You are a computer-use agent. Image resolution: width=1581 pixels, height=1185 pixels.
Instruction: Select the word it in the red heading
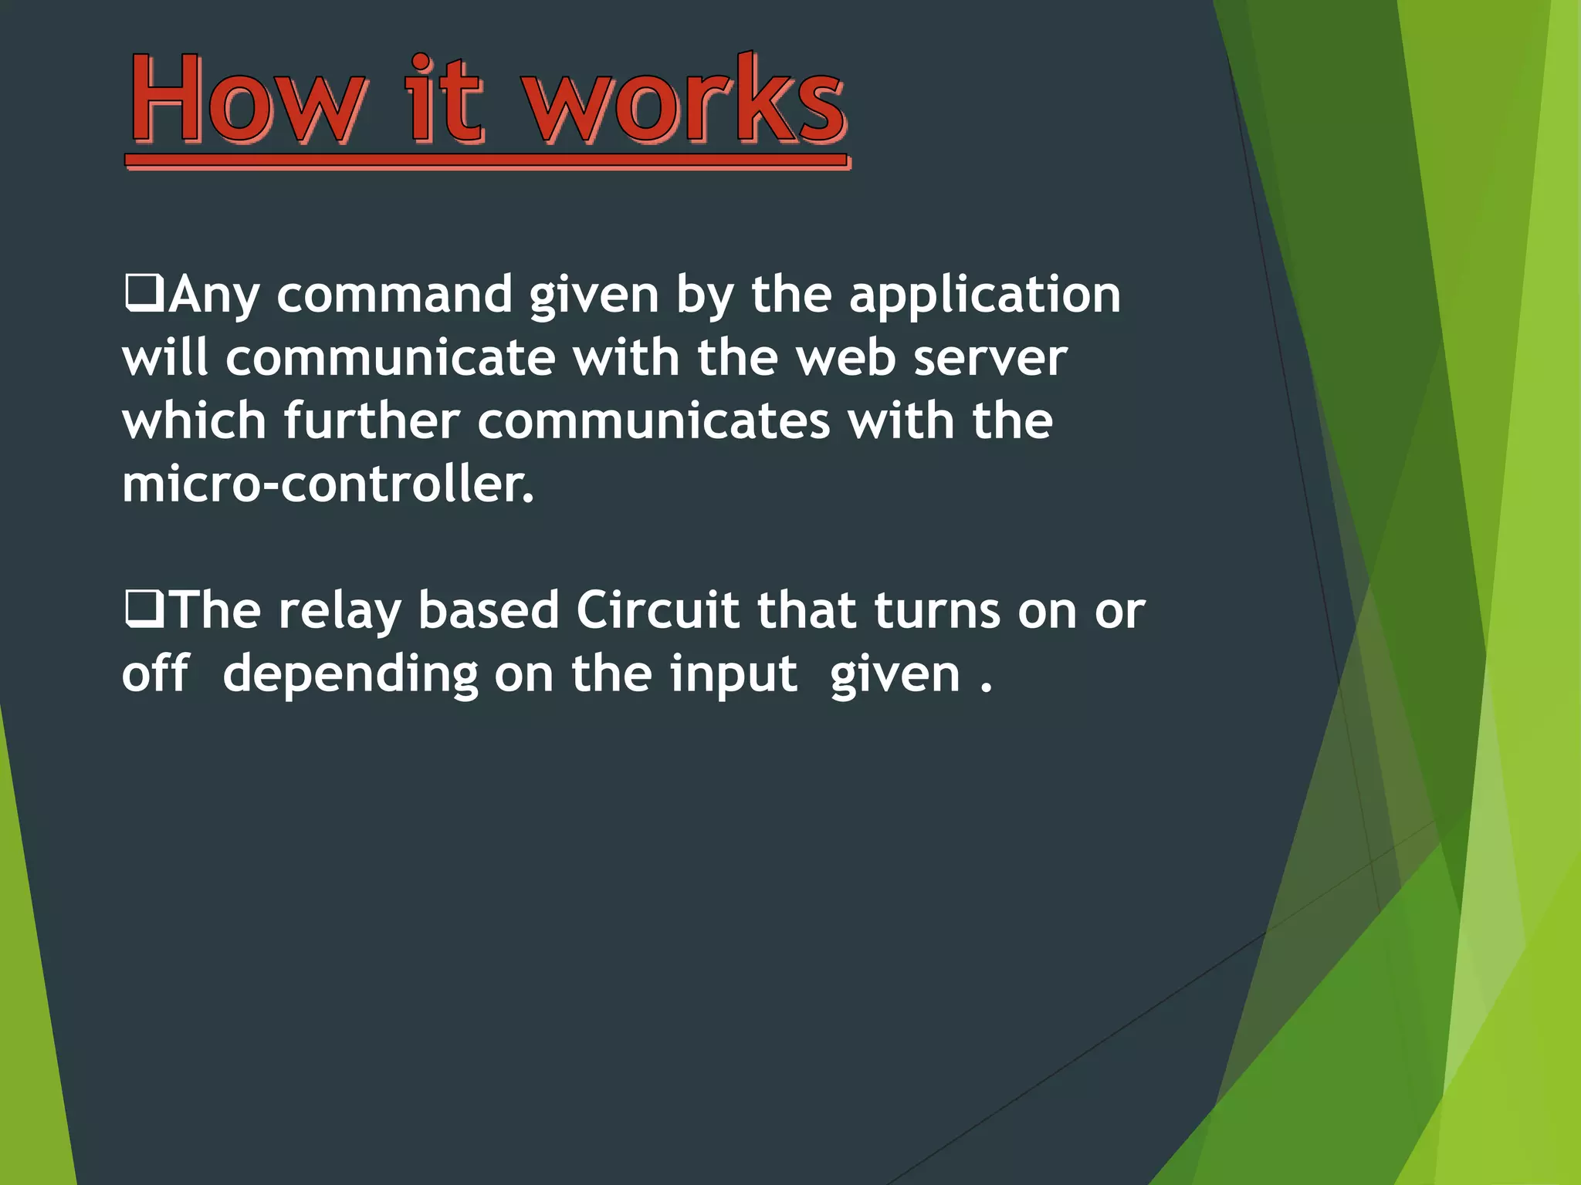click(x=445, y=100)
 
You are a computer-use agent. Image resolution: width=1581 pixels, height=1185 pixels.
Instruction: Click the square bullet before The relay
click(x=144, y=609)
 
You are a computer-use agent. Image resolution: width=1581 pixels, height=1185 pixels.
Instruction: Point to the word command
click(x=394, y=295)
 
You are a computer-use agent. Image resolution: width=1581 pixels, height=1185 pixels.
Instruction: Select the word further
click(x=371, y=421)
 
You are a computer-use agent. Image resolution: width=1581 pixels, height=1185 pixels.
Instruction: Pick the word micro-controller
click(x=327, y=485)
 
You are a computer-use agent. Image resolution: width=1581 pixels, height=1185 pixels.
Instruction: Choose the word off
click(x=155, y=674)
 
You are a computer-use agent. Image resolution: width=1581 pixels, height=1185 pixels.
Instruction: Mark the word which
click(x=194, y=421)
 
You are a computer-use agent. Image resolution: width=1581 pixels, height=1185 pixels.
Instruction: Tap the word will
click(x=165, y=358)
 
